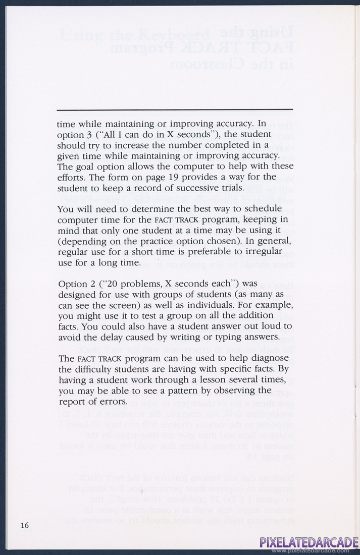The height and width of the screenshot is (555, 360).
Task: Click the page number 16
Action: [x=25, y=525]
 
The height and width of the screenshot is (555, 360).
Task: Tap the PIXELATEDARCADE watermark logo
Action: [x=309, y=543]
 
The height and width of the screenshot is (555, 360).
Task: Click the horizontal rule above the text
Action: [x=175, y=109]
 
